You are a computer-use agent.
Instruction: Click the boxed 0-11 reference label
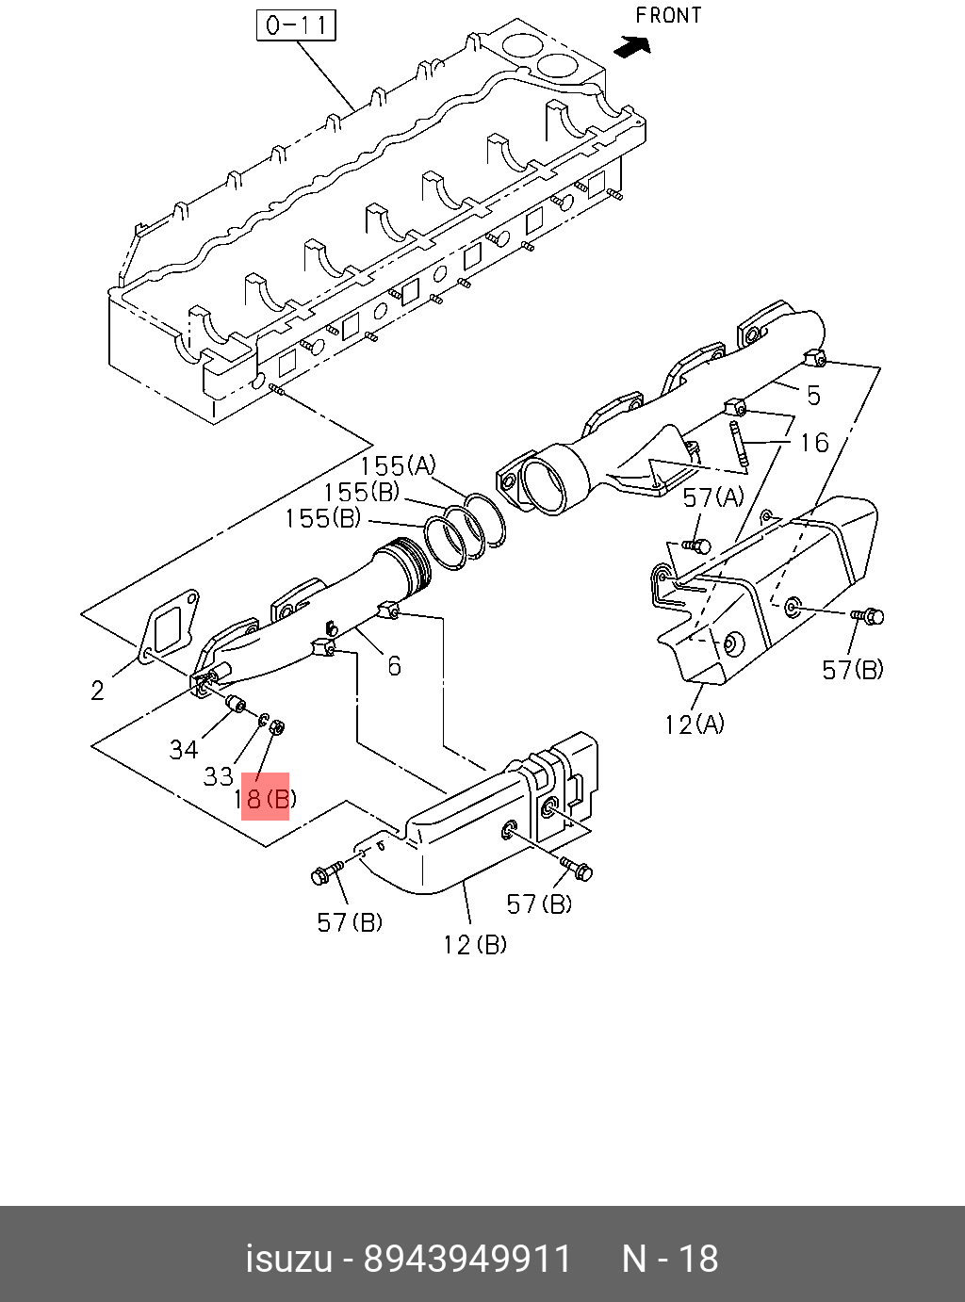point(297,24)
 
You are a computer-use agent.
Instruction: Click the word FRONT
point(668,16)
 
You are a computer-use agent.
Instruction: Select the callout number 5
point(813,396)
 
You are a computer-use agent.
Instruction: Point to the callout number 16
point(813,443)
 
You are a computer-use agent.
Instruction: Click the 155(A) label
point(398,465)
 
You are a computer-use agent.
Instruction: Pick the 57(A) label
point(713,498)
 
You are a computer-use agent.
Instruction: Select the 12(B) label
point(475,944)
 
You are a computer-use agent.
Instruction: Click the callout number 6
point(394,666)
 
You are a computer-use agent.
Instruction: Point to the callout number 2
point(98,691)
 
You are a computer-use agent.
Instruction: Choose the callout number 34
point(184,750)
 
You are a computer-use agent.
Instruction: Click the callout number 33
point(218,776)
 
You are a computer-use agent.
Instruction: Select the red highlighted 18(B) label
point(265,799)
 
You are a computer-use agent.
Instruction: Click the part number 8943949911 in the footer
point(468,1259)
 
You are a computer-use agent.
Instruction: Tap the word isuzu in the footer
point(289,1259)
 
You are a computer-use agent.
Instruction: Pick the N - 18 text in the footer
point(670,1259)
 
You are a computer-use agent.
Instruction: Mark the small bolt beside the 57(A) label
point(697,545)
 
